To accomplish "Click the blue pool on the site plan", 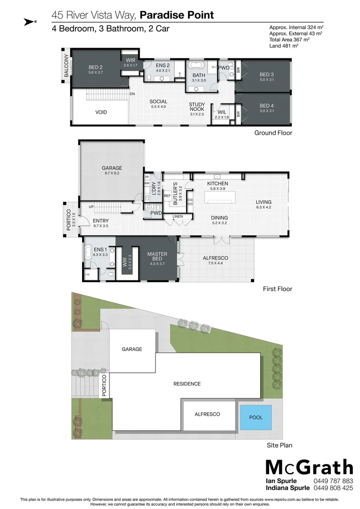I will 256,417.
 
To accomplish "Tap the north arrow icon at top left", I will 30,21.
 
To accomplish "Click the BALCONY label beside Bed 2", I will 66,66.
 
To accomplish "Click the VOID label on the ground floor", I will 101,112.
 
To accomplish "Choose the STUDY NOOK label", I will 197,107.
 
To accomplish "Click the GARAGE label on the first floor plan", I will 112,168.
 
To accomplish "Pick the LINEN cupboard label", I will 178,217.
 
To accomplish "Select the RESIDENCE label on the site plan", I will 187,384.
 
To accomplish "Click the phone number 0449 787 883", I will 333,481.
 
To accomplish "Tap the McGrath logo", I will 309,467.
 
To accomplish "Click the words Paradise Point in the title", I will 177,15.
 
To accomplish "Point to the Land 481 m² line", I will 284,46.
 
